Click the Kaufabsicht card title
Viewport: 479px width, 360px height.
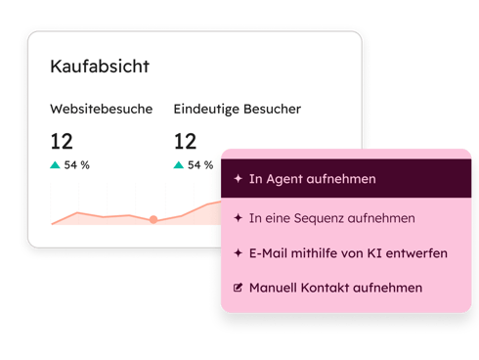point(100,67)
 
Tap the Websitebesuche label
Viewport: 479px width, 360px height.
point(102,109)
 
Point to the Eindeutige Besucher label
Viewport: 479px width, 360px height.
point(238,109)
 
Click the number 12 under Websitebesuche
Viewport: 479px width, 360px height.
point(62,141)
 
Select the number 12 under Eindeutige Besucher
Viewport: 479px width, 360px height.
point(186,141)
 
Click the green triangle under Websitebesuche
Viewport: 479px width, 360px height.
point(55,165)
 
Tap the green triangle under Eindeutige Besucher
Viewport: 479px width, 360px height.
point(178,165)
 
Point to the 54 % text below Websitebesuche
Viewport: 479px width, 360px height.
point(77,165)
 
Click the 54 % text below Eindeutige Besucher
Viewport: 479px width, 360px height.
point(200,165)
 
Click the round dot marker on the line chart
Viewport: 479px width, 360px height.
point(153,219)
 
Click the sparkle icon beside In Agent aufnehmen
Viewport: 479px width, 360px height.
point(238,179)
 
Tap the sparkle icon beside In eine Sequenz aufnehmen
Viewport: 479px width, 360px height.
point(238,218)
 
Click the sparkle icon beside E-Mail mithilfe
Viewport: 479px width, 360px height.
point(238,252)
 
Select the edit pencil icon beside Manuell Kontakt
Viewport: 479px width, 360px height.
point(238,288)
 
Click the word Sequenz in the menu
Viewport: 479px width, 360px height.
point(327,218)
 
